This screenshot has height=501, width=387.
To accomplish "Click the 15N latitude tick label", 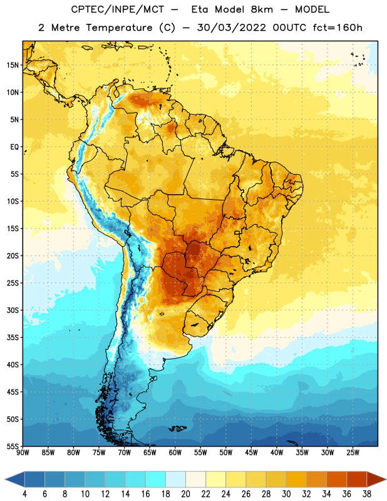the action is (13, 65).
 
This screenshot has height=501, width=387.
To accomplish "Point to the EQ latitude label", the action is (14, 147).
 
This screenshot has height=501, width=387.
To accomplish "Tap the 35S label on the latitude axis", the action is (13, 338).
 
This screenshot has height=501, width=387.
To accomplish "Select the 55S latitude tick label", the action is (13, 447).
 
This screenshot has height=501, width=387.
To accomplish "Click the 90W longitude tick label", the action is (23, 453).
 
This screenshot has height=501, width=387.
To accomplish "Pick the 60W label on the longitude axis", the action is (175, 453).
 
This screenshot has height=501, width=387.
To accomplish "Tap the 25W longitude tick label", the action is (353, 453).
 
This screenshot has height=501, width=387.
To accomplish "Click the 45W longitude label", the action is (251, 453).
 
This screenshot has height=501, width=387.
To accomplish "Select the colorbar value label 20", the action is (185, 494).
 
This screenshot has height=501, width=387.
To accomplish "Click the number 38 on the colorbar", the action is (367, 494).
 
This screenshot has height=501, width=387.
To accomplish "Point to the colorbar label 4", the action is (24, 494).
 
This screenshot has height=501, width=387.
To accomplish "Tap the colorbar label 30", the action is (286, 494).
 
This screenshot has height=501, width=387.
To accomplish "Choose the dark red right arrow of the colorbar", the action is (376, 479).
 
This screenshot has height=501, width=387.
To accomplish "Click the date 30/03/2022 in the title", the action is (231, 28).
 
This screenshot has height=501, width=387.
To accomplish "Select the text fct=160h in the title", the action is (338, 28).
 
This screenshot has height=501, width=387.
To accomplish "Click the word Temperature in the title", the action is (119, 28).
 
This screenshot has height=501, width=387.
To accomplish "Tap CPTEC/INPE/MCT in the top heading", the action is (117, 9).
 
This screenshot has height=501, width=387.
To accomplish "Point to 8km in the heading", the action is (262, 9).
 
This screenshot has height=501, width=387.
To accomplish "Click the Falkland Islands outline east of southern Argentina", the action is (177, 428).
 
